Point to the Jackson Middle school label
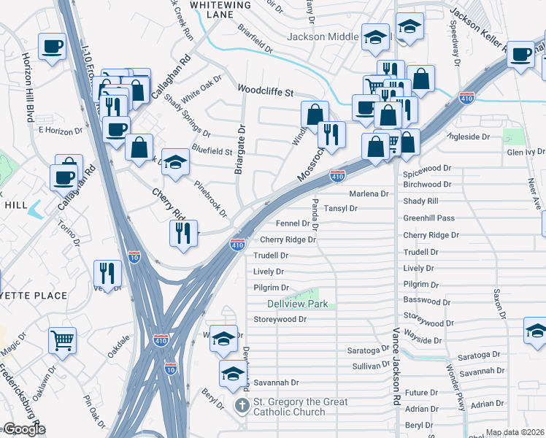tap(323, 36)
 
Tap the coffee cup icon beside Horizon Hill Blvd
tap(52, 47)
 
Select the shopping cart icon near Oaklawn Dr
tap(63, 339)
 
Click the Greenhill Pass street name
tap(429, 218)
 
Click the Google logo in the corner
tap(24, 429)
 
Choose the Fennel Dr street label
tap(293, 223)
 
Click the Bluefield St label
tap(212, 152)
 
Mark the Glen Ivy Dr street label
tap(526, 152)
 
